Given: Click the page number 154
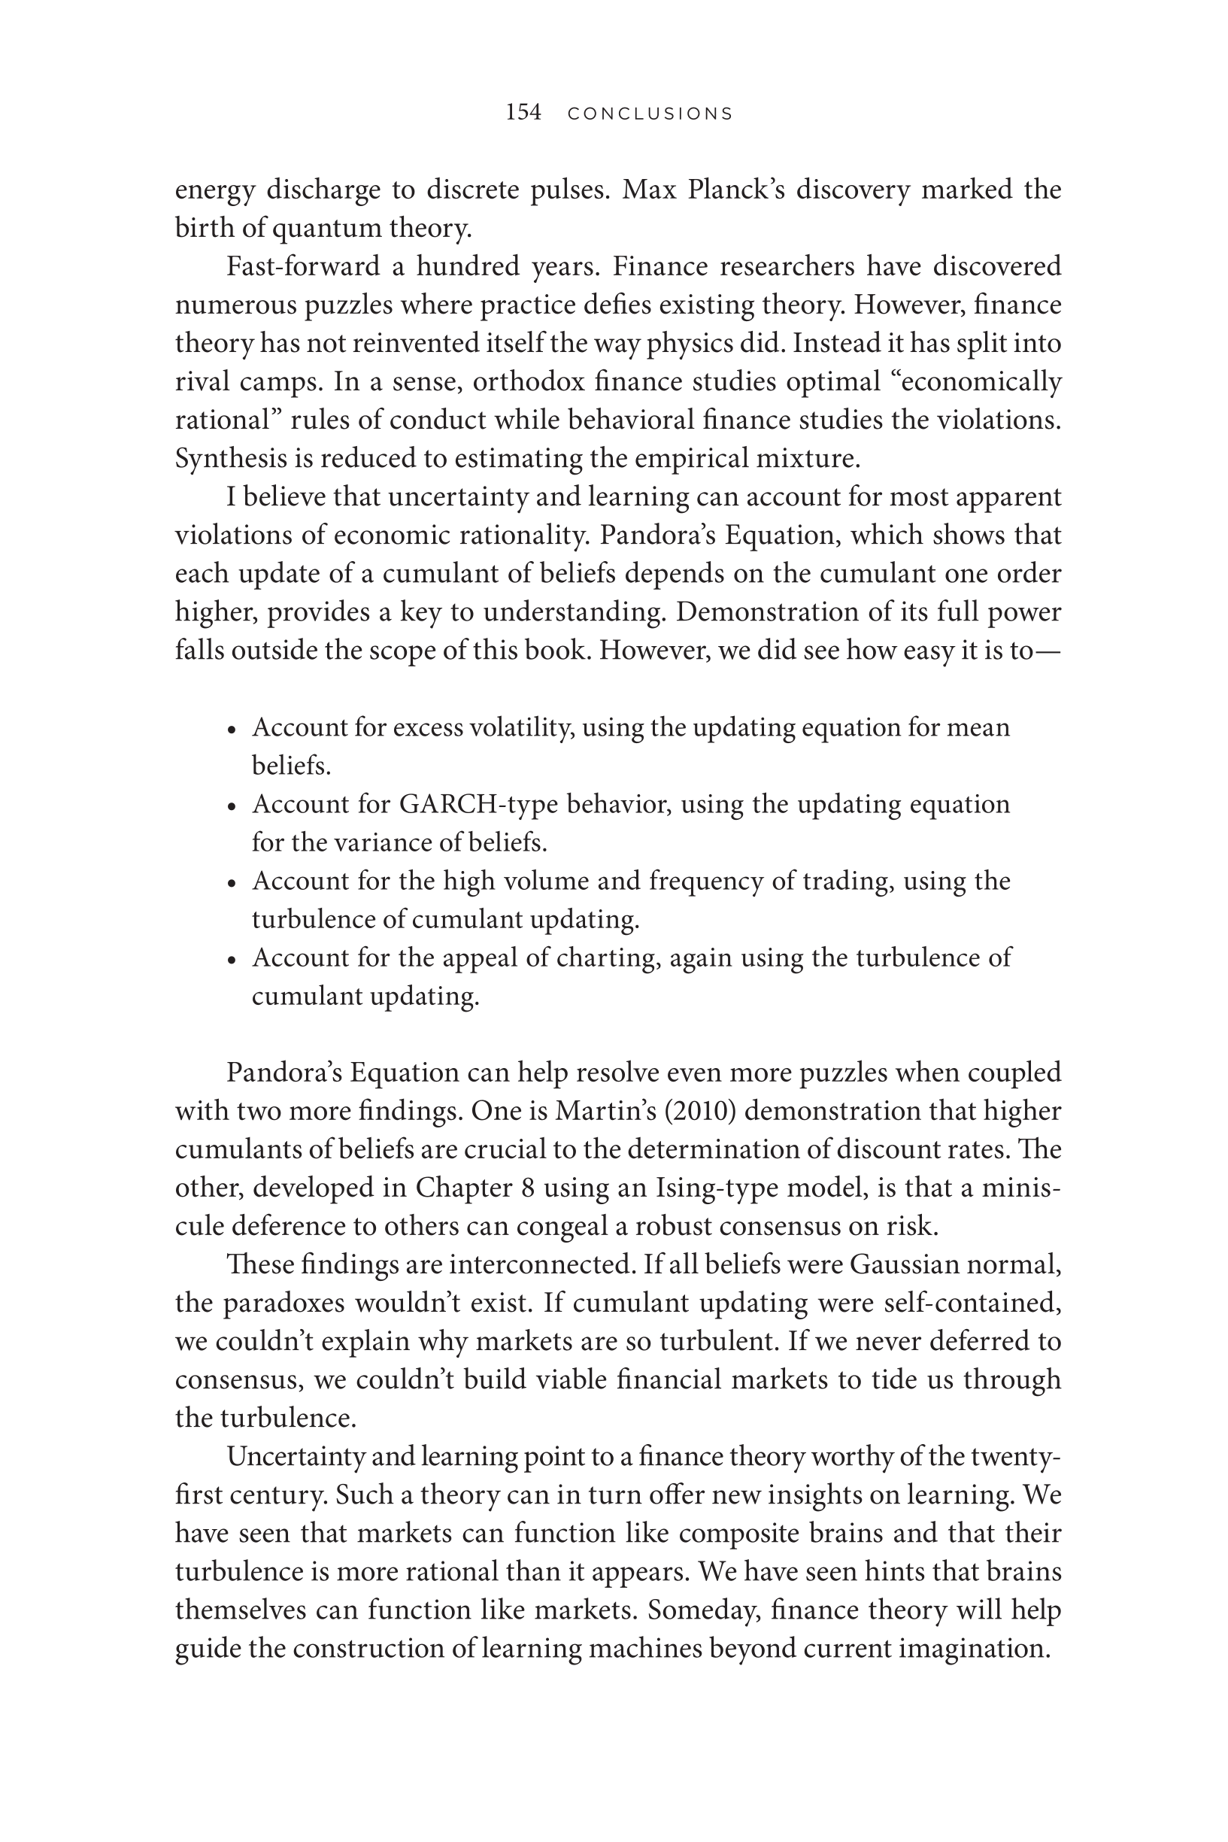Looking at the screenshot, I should [x=523, y=113].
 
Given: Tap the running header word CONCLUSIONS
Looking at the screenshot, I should [x=650, y=114].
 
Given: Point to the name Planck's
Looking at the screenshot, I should [x=735, y=190].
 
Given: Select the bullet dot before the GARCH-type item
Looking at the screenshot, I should [x=231, y=806].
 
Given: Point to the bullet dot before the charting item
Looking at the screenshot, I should [x=231, y=960].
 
